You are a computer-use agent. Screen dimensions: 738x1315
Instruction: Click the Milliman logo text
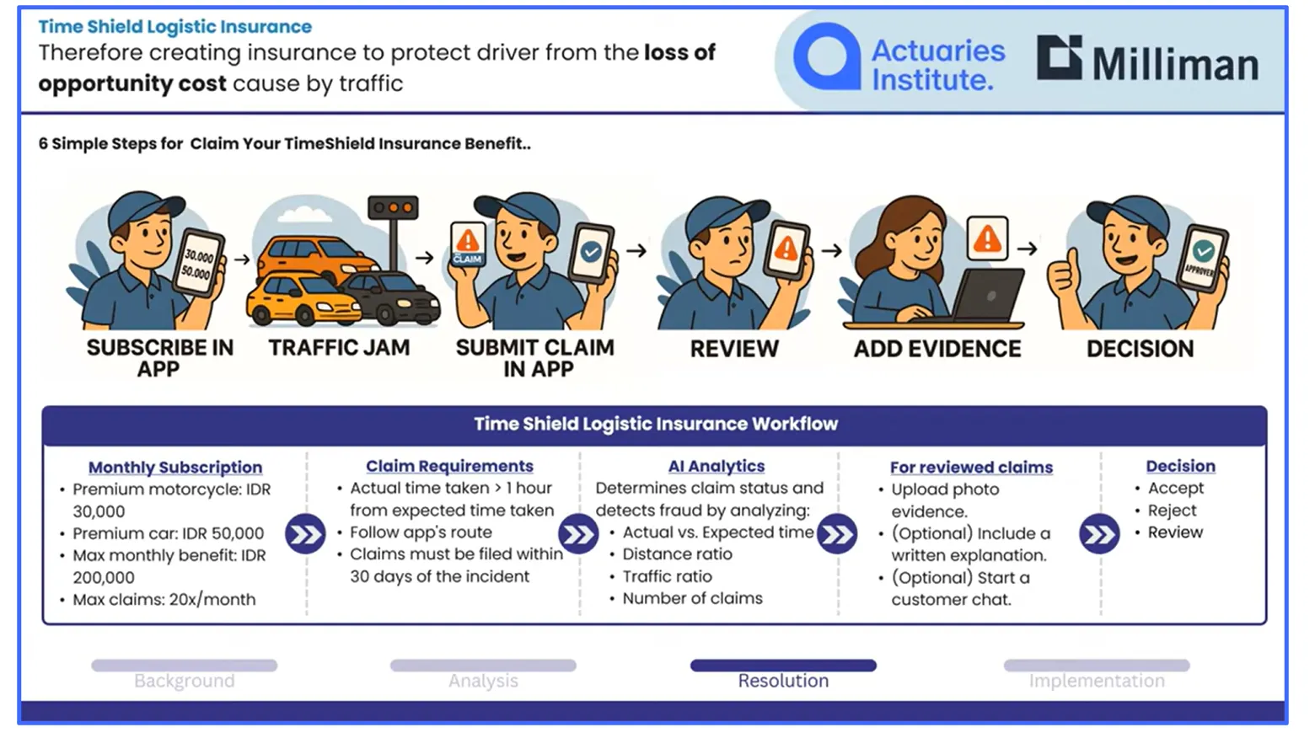point(1174,64)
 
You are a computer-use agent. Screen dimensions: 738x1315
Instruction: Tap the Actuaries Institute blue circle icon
point(827,56)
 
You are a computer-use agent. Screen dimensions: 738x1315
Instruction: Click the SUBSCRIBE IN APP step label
point(159,358)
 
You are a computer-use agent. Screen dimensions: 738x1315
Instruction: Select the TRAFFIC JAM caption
point(339,348)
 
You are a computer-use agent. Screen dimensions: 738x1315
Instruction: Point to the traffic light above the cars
point(393,207)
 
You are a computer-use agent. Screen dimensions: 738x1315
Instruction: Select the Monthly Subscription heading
point(175,467)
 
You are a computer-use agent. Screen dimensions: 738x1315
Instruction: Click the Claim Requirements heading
point(449,466)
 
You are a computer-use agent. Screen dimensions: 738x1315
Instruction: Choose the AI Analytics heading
point(716,466)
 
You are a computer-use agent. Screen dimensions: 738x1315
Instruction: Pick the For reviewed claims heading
point(971,467)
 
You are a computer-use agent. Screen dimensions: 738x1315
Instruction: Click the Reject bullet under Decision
point(1171,511)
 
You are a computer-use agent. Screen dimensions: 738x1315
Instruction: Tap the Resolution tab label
point(783,681)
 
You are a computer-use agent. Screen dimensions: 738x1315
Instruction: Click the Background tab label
point(184,681)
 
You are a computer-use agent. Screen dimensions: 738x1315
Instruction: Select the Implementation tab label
point(1096,681)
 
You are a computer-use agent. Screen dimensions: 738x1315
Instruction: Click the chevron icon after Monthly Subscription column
point(305,534)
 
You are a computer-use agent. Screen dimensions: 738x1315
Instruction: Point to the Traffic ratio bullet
point(667,576)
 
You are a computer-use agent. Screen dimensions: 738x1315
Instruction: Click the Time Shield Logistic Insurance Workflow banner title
point(655,424)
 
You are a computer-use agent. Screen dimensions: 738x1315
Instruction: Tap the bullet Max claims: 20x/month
point(164,600)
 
